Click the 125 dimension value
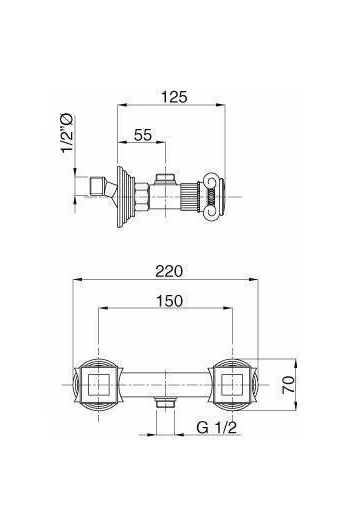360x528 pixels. [174, 97]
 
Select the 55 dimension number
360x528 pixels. [143, 135]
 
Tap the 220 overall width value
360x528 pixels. [169, 271]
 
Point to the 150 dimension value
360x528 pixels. [169, 301]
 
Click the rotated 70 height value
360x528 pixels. [289, 385]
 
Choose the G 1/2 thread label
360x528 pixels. [217, 428]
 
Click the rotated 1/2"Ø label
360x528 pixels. [67, 133]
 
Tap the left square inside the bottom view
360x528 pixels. [98, 385]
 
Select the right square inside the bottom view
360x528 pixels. [232, 385]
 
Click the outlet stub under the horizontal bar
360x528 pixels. [165, 402]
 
